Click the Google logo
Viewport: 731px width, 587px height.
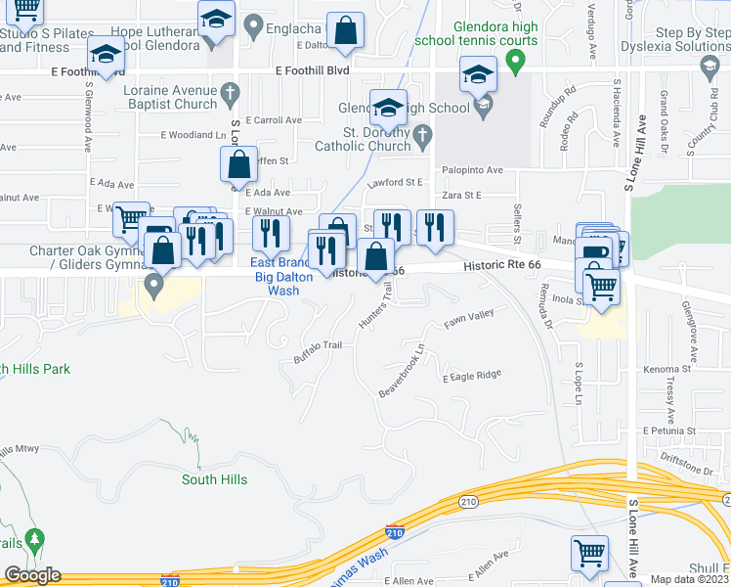tap(32, 575)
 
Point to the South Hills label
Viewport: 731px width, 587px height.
tap(214, 479)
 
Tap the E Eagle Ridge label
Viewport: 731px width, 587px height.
tap(471, 375)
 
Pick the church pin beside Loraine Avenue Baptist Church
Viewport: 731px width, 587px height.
tap(231, 95)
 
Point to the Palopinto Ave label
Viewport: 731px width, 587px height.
tap(474, 169)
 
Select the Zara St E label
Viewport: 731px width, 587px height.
tap(463, 196)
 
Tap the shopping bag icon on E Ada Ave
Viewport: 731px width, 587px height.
tap(238, 164)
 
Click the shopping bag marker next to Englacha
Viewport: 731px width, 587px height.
tap(345, 30)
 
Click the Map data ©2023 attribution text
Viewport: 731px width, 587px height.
tap(690, 579)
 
